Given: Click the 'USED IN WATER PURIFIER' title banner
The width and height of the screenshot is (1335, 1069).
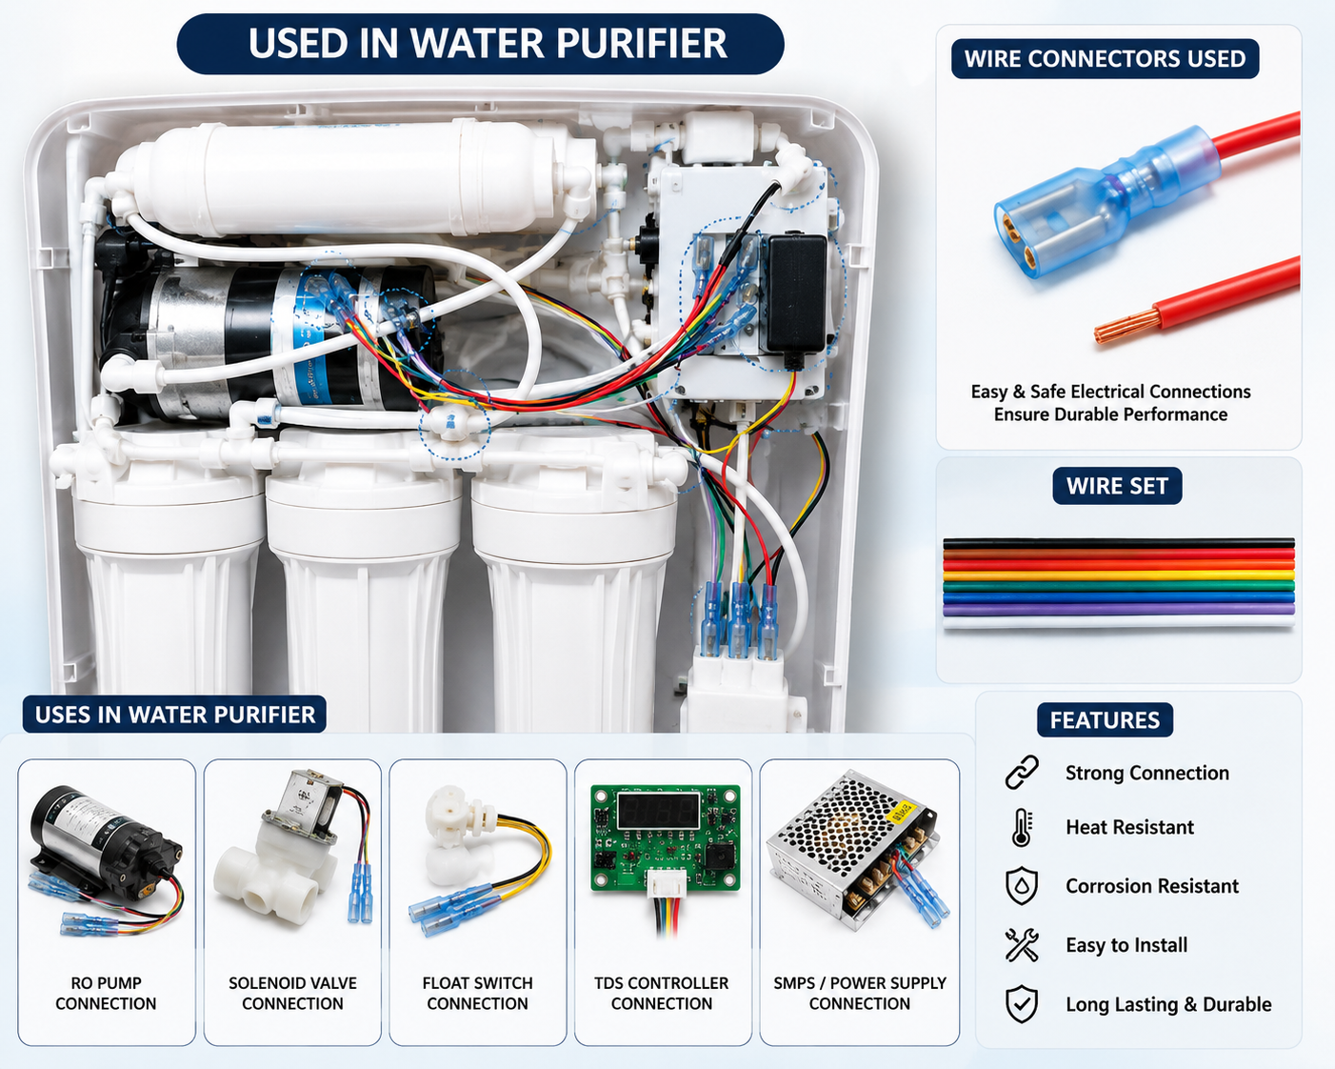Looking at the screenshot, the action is click(x=480, y=44).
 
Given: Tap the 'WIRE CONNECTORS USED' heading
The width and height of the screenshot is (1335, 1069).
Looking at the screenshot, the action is click(x=1105, y=58).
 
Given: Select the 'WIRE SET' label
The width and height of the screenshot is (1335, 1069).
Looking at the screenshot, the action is click(x=1117, y=486).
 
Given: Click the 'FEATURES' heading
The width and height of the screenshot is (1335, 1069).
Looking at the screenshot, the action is click(x=1105, y=720).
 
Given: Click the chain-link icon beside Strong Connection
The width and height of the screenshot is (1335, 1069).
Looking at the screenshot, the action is click(x=1021, y=773).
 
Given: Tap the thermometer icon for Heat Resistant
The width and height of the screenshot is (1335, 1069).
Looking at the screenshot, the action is click(x=1021, y=828).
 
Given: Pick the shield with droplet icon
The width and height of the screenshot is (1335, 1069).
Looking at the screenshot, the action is click(x=1021, y=886).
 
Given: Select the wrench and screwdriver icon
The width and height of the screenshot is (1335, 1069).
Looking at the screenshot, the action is click(x=1021, y=945).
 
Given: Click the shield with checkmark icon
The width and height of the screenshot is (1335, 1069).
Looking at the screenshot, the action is click(x=1021, y=1004).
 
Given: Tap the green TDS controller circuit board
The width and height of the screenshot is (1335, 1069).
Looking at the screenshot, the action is click(x=665, y=838).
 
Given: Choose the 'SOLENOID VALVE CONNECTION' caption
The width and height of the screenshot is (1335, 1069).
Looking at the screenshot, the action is click(x=292, y=994).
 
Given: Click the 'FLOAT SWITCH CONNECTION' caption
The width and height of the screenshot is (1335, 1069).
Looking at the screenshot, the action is click(x=478, y=994).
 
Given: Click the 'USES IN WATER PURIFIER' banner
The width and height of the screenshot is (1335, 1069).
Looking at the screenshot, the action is click(x=174, y=715).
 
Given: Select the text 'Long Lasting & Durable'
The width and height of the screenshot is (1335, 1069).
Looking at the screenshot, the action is click(x=1168, y=1004).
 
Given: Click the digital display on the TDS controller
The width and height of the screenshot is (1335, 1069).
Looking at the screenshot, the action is click(x=659, y=811).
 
